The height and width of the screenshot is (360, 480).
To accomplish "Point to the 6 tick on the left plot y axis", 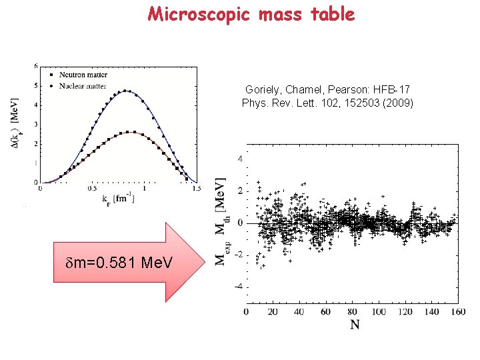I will tap(35, 66).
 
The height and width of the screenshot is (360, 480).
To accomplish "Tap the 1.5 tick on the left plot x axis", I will tap(195, 189).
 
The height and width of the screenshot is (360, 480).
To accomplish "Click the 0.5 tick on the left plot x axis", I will tap(92, 189).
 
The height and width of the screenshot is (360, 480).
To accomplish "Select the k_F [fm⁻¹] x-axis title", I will tap(117, 199).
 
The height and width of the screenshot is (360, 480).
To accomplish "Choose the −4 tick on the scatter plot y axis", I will tap(238, 287).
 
